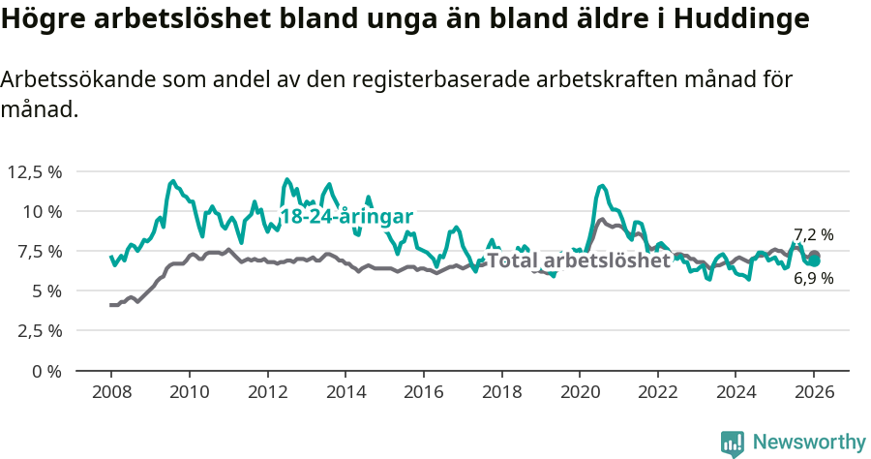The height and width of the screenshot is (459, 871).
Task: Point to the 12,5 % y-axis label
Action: point(35,171)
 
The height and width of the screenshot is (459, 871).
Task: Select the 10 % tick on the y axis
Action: point(43,211)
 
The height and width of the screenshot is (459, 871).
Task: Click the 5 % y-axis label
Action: point(46,291)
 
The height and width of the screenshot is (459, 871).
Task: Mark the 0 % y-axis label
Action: point(46,371)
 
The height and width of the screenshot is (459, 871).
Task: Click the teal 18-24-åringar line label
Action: point(346,216)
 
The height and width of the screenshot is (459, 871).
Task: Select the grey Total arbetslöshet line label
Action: point(579,260)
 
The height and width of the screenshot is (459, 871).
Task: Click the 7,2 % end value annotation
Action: point(814,234)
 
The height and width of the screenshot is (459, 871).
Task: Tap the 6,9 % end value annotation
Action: point(814,279)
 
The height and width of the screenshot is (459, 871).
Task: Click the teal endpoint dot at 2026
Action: point(815,260)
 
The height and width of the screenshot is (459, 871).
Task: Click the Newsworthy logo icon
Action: point(733,444)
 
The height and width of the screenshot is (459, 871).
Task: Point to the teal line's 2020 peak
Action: point(602,185)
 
